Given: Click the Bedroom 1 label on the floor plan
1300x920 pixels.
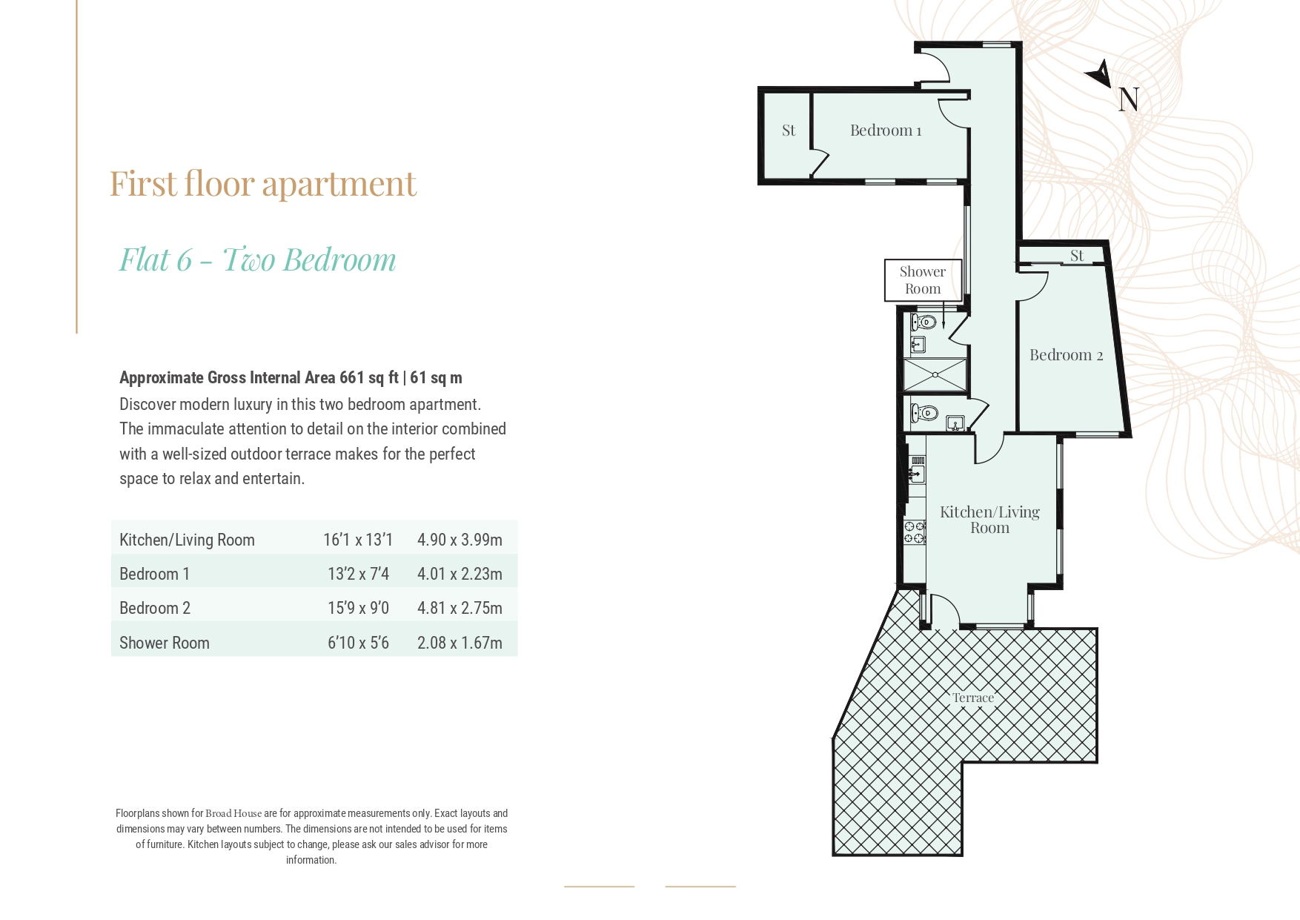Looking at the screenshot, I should (x=885, y=130).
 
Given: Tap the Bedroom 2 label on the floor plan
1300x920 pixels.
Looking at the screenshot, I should (x=1065, y=355).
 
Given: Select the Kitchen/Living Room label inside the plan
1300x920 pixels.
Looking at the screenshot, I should (x=989, y=520).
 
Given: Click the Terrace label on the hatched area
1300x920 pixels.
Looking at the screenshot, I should (x=972, y=698).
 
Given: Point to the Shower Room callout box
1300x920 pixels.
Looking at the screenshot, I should (x=923, y=280).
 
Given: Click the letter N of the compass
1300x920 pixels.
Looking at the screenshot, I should (x=1128, y=99).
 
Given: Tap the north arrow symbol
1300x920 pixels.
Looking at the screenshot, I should (x=1099, y=73).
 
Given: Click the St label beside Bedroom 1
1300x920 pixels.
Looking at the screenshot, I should (x=789, y=130).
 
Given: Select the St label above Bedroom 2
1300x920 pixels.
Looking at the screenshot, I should (x=1077, y=256).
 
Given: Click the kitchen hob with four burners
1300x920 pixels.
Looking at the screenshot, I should (x=915, y=532).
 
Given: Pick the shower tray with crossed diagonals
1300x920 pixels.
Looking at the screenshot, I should (x=935, y=375).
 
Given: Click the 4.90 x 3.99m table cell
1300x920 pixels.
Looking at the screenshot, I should (x=460, y=540).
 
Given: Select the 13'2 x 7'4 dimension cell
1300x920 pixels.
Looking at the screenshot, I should (x=358, y=574).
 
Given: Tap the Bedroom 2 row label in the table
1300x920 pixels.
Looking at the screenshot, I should (x=155, y=608).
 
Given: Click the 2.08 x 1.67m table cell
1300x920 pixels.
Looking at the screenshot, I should (x=460, y=643).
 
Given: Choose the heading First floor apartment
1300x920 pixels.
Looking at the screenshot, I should (x=263, y=184).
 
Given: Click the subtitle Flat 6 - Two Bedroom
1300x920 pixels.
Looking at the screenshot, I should (x=258, y=259).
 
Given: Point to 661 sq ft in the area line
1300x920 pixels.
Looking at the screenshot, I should (x=368, y=377).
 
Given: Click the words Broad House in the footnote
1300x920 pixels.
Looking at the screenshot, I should (x=233, y=813).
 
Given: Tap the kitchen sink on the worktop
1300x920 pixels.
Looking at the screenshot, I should (x=916, y=472).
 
